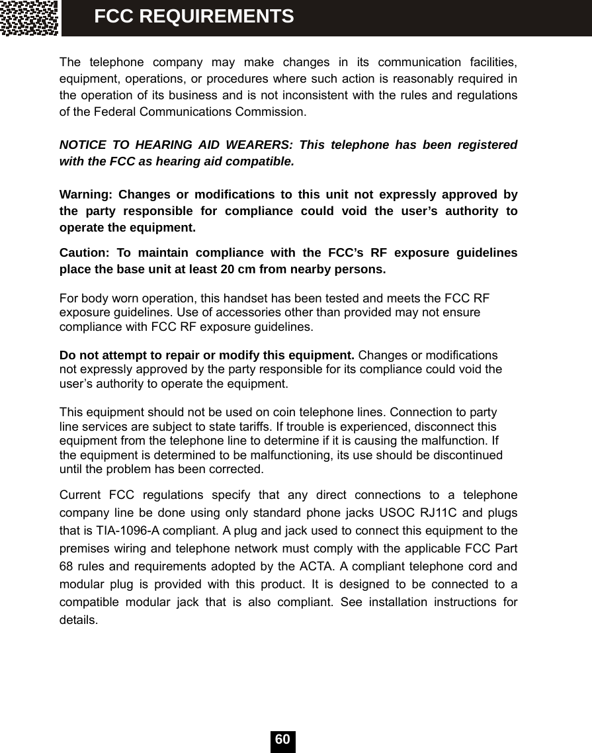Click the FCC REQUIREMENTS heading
[x=194, y=17]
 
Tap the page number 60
[x=282, y=740]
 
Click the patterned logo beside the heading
[x=29, y=18]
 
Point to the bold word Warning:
[x=84, y=195]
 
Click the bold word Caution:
[x=83, y=253]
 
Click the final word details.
[x=79, y=620]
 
